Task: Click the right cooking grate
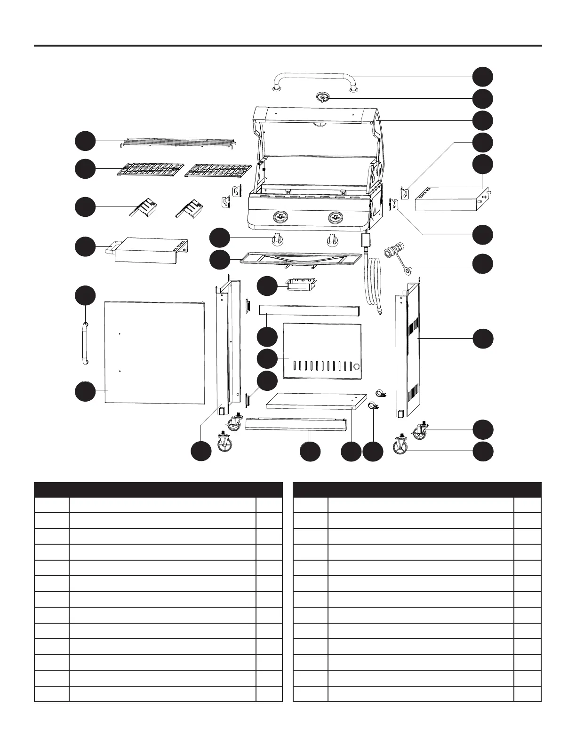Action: point(218,170)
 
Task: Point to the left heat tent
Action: point(144,207)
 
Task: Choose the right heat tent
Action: point(191,207)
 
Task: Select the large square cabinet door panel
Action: point(155,353)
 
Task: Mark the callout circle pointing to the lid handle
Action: point(483,77)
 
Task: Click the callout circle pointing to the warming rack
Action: point(86,141)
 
